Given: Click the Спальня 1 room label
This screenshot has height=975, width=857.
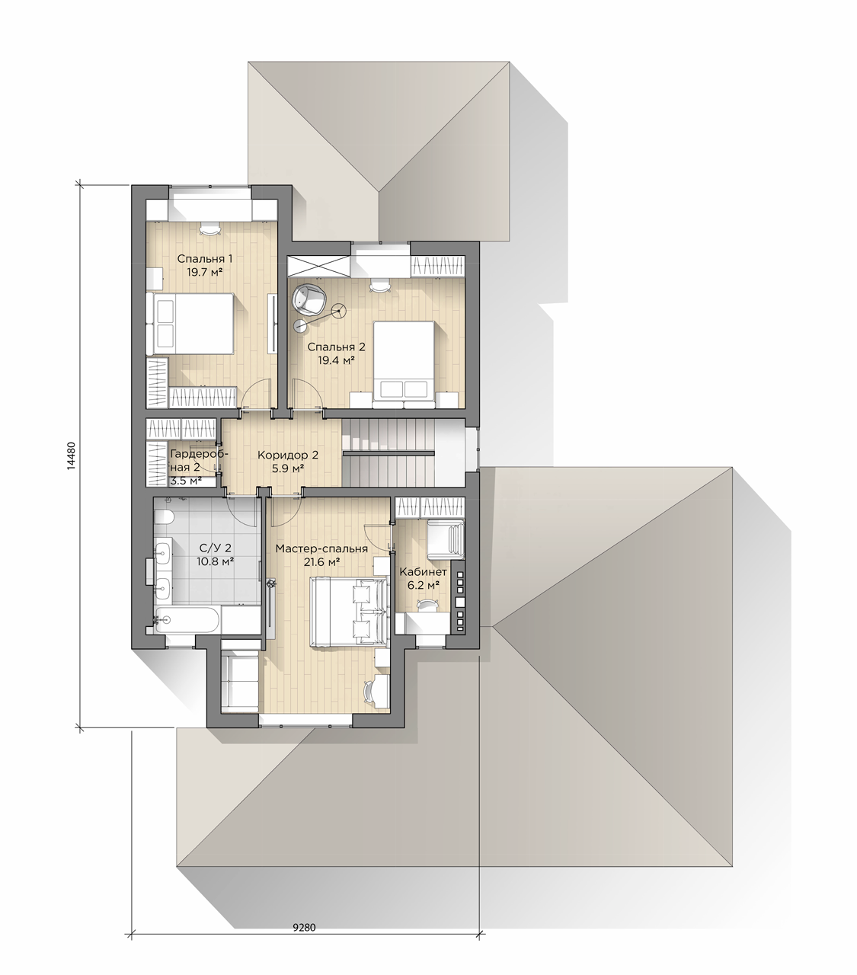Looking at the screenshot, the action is pyautogui.click(x=204, y=258).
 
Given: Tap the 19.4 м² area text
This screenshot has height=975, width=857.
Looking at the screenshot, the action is pyautogui.click(x=336, y=360).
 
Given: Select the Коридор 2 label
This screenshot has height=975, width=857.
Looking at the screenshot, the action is pyautogui.click(x=288, y=455).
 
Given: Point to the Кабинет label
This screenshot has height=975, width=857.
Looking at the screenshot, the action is pyautogui.click(x=424, y=572).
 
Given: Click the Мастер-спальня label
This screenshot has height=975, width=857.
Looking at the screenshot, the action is pyautogui.click(x=321, y=548).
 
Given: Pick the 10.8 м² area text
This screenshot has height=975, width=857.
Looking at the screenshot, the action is pyautogui.click(x=215, y=561).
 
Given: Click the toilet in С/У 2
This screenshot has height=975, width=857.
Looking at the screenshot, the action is pyautogui.click(x=164, y=518).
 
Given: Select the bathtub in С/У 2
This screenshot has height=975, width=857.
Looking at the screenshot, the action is pyautogui.click(x=187, y=621).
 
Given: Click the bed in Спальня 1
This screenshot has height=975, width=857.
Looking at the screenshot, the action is pyautogui.click(x=190, y=324).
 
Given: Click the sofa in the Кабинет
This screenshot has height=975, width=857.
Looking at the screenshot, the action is pyautogui.click(x=446, y=539).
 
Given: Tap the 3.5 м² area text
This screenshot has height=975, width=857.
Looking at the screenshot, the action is pyautogui.click(x=186, y=481).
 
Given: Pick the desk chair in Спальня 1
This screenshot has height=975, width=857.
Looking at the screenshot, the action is pyautogui.click(x=209, y=228).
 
